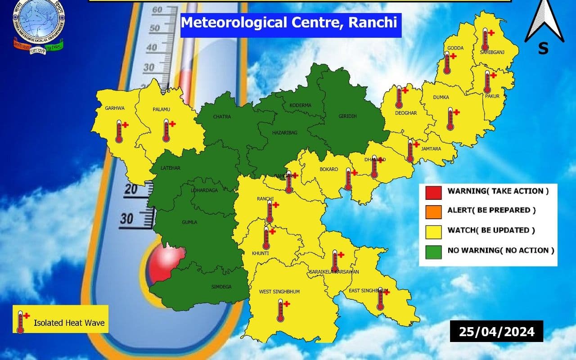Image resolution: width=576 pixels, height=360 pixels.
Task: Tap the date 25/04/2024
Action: (496, 332)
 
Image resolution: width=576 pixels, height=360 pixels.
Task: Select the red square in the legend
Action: (432, 191)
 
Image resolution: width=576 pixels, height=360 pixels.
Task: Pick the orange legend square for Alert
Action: (432, 211)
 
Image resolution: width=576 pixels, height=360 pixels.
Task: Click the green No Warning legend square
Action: (432, 251)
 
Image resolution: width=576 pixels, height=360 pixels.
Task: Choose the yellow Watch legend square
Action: (432, 231)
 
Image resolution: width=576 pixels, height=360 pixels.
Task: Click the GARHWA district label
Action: (115, 108)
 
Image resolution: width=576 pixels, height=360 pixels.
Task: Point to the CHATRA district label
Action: (222, 117)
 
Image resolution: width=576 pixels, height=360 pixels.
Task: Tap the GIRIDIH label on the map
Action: (347, 116)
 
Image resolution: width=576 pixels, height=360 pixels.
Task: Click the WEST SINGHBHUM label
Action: (279, 292)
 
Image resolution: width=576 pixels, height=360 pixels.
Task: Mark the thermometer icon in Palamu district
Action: (167, 130)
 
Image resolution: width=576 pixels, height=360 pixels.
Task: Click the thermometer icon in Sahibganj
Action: (486, 40)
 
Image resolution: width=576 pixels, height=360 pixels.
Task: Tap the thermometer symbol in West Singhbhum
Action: (282, 310)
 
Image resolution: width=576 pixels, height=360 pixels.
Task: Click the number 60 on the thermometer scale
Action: (157, 9)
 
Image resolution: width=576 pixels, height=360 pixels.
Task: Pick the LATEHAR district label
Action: (171, 168)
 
